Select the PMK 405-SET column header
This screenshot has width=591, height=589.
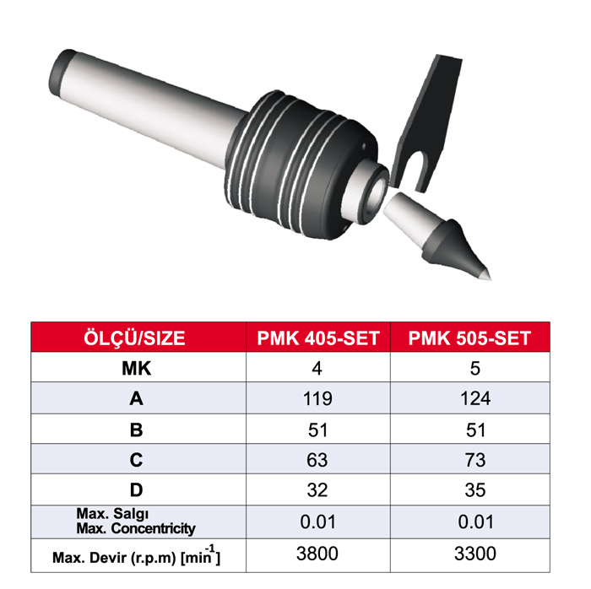pyautogui.click(x=318, y=338)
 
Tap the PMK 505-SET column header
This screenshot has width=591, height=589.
pyautogui.click(x=469, y=338)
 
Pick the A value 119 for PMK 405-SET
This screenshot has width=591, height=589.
pyautogui.click(x=318, y=399)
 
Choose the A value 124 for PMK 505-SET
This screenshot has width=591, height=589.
pyautogui.click(x=469, y=399)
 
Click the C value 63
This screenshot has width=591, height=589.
pyautogui.click(x=318, y=461)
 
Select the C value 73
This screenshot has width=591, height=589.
pyautogui.click(x=469, y=461)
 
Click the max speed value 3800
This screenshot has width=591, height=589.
pyautogui.click(x=318, y=554)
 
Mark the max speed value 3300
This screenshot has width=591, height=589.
pyautogui.click(x=469, y=554)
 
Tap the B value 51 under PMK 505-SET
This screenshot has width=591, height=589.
pyautogui.click(x=469, y=430)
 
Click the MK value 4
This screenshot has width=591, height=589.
pyautogui.click(x=318, y=369)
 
